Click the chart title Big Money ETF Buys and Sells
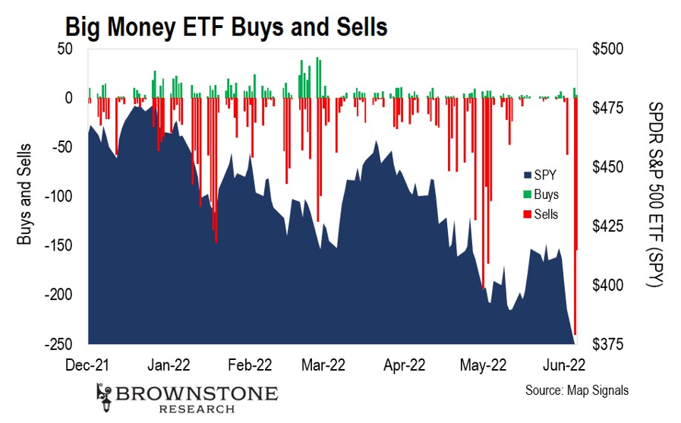(226, 27)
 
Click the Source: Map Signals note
(577, 391)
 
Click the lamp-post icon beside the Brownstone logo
(105, 396)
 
